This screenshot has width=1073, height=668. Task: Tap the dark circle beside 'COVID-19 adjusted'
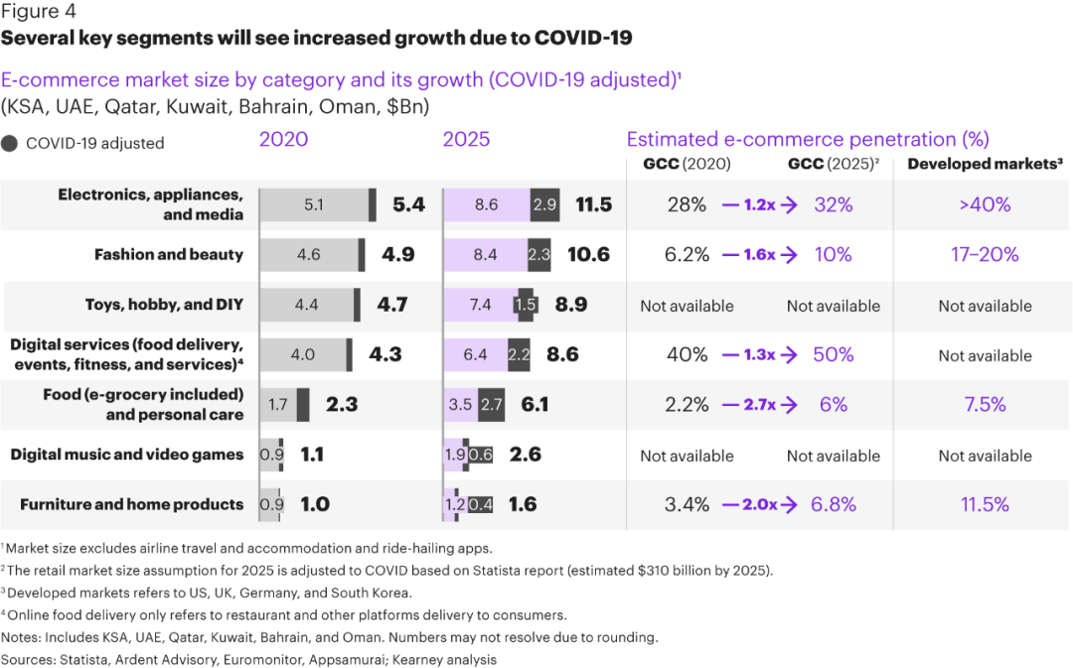pos(10,143)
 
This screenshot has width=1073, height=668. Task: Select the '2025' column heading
pos(466,139)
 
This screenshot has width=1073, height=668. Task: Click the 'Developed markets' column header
pos(985,164)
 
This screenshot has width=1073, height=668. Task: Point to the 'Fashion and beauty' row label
pos(169,254)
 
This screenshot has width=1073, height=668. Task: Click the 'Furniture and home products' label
pos(131,504)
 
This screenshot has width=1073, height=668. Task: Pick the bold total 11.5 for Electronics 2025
pos(593,204)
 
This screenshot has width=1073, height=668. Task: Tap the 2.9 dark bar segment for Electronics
pos(544,204)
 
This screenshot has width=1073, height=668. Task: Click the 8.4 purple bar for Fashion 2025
pos(486,254)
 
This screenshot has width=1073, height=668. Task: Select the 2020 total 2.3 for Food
pos(343,404)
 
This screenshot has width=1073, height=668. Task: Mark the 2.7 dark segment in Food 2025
pos(492,404)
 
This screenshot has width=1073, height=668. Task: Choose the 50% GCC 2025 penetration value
pos(833,354)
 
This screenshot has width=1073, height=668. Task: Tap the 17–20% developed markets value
pos(985,254)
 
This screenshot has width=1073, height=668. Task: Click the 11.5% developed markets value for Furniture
pos(985,504)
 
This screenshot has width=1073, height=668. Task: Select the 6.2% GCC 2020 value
pos(687,254)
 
